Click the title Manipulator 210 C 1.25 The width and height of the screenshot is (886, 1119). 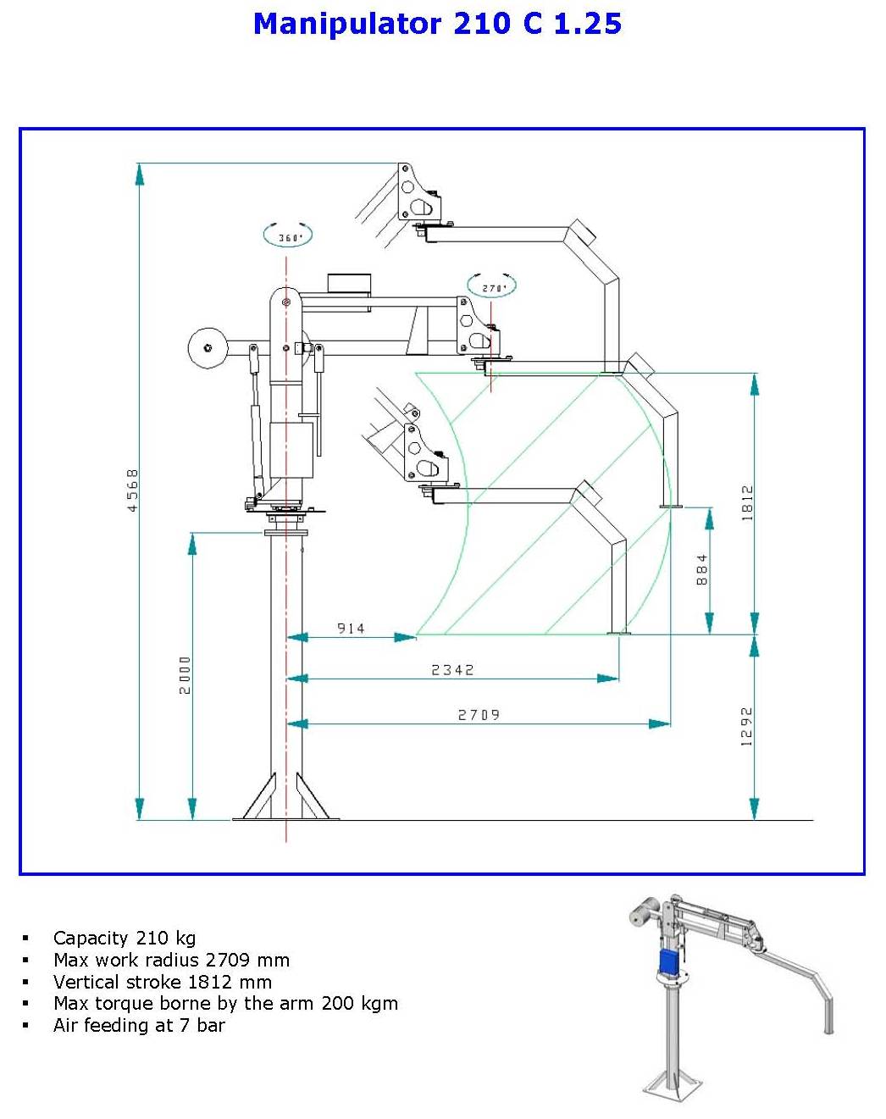tap(437, 24)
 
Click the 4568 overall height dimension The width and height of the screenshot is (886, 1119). tap(132, 490)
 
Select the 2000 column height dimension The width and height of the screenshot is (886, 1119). tap(185, 674)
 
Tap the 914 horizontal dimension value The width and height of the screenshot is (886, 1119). tap(351, 629)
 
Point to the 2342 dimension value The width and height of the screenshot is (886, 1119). tap(452, 670)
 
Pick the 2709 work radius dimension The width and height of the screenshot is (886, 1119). tap(479, 715)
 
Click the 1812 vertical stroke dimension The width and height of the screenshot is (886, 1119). tap(746, 502)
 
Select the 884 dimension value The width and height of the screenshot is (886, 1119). tap(701, 570)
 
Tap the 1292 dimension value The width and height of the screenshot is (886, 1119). tap(746, 726)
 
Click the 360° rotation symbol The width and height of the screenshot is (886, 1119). tap(288, 236)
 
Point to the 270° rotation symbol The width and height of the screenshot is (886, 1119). tap(492, 287)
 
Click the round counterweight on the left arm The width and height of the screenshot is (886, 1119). tap(208, 348)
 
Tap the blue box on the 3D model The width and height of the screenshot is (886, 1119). tap(669, 962)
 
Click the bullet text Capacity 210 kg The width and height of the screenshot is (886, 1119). tap(125, 938)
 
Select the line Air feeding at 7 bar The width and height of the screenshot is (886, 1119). tap(139, 1025)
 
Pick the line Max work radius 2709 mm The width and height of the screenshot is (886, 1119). tap(171, 960)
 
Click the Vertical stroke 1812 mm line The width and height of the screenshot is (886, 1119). tap(163, 982)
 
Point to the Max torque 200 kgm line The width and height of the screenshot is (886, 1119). tap(225, 1003)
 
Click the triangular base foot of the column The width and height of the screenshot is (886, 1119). tap(286, 800)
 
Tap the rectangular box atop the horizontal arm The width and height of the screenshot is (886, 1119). tap(350, 283)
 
